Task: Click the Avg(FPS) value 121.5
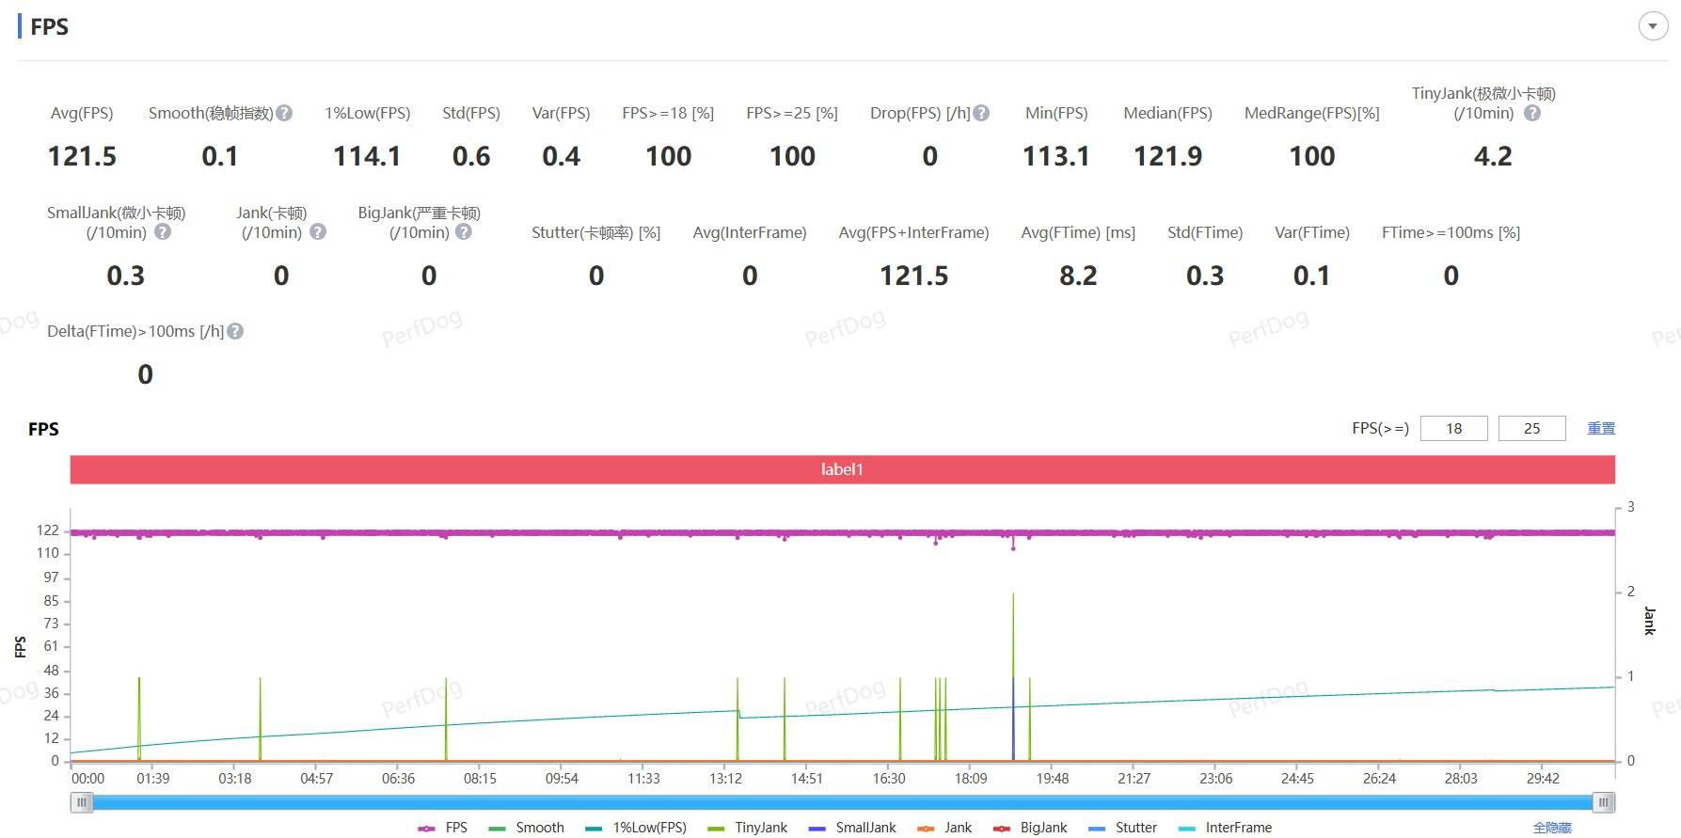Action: tap(82, 156)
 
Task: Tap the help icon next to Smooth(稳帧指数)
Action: tap(284, 113)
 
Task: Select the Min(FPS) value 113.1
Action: tap(1055, 156)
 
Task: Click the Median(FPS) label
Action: tap(1167, 113)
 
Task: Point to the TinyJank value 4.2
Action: tap(1493, 156)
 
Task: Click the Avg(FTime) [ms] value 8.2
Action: tap(1078, 276)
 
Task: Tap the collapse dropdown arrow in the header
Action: tap(1653, 26)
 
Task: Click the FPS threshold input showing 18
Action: tap(1453, 429)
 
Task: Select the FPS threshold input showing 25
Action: tap(1531, 429)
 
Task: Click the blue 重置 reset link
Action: tap(1601, 429)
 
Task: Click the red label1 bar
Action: tap(842, 469)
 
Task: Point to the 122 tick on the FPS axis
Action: tap(48, 530)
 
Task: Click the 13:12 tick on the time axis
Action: tap(725, 779)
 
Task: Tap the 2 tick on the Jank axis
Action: tap(1630, 592)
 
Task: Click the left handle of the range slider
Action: tap(82, 802)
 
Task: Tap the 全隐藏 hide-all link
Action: tap(1552, 828)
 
